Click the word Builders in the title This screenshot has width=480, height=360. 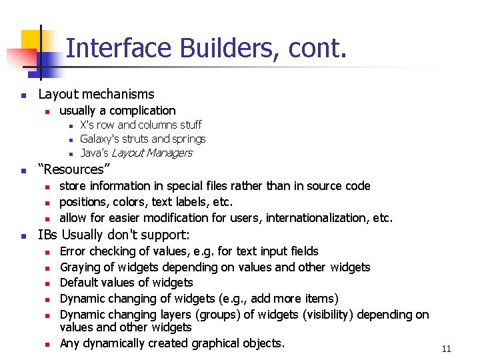pos(228,48)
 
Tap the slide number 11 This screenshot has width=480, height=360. pos(446,348)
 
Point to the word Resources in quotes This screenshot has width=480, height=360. pos(74,169)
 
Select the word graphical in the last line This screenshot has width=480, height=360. pos(216,343)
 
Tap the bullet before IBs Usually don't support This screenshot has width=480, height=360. pos(23,235)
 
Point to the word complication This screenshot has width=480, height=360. pos(143,111)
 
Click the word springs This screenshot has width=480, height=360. pos(189,139)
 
